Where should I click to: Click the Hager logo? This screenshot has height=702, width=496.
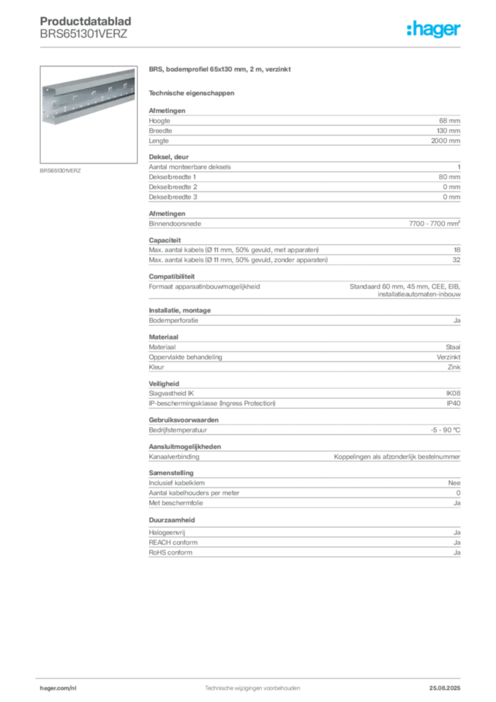click(x=433, y=29)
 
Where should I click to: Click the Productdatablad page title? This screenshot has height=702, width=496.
click(x=86, y=21)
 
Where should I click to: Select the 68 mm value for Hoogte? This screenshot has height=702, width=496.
click(x=449, y=121)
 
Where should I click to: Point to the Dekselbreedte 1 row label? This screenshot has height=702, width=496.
click(x=172, y=177)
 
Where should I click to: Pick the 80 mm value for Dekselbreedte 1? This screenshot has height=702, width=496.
click(x=449, y=177)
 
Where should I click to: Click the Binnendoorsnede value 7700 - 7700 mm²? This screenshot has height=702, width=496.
click(x=434, y=223)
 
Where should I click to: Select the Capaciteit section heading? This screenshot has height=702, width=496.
click(x=165, y=240)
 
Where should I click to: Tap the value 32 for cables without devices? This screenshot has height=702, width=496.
click(x=456, y=260)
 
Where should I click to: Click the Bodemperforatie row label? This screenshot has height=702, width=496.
click(x=173, y=321)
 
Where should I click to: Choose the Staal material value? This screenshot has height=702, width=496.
click(x=453, y=347)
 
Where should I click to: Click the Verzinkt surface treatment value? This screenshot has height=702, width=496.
click(x=449, y=356)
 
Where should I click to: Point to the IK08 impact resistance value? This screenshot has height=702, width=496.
click(x=453, y=393)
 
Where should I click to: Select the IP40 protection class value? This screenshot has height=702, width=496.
click(x=454, y=403)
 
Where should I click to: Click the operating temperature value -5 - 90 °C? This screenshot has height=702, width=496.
click(x=445, y=430)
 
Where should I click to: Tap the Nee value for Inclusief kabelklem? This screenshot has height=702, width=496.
click(x=454, y=483)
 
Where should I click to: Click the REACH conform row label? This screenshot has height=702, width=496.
click(x=173, y=543)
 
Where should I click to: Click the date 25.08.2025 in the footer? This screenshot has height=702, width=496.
click(x=445, y=688)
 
